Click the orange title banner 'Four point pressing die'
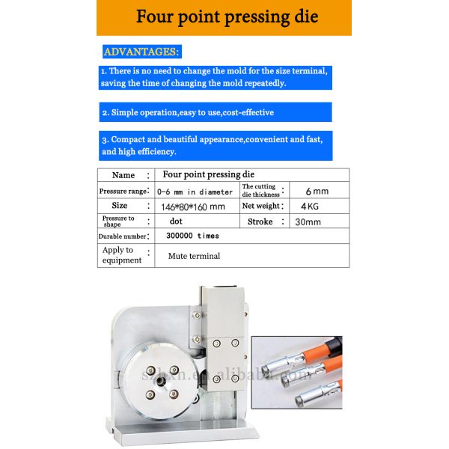224,17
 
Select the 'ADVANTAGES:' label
141,52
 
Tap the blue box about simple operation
216,112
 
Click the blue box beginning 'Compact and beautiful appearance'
216,145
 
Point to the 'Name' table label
123,175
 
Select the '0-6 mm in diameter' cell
194,192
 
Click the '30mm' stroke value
308,222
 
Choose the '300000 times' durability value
192,236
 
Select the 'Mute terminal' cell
194,256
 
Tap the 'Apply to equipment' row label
121,255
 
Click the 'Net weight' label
260,206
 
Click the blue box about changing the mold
216,77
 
